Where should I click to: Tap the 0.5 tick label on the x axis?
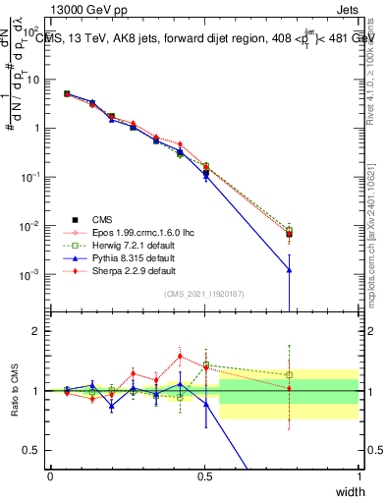coord(205,476)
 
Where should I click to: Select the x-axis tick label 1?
coord(359,476)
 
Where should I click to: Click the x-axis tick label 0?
coord(51,476)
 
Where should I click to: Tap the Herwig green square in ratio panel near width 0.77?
coord(289,374)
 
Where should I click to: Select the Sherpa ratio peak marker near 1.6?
coord(180,357)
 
